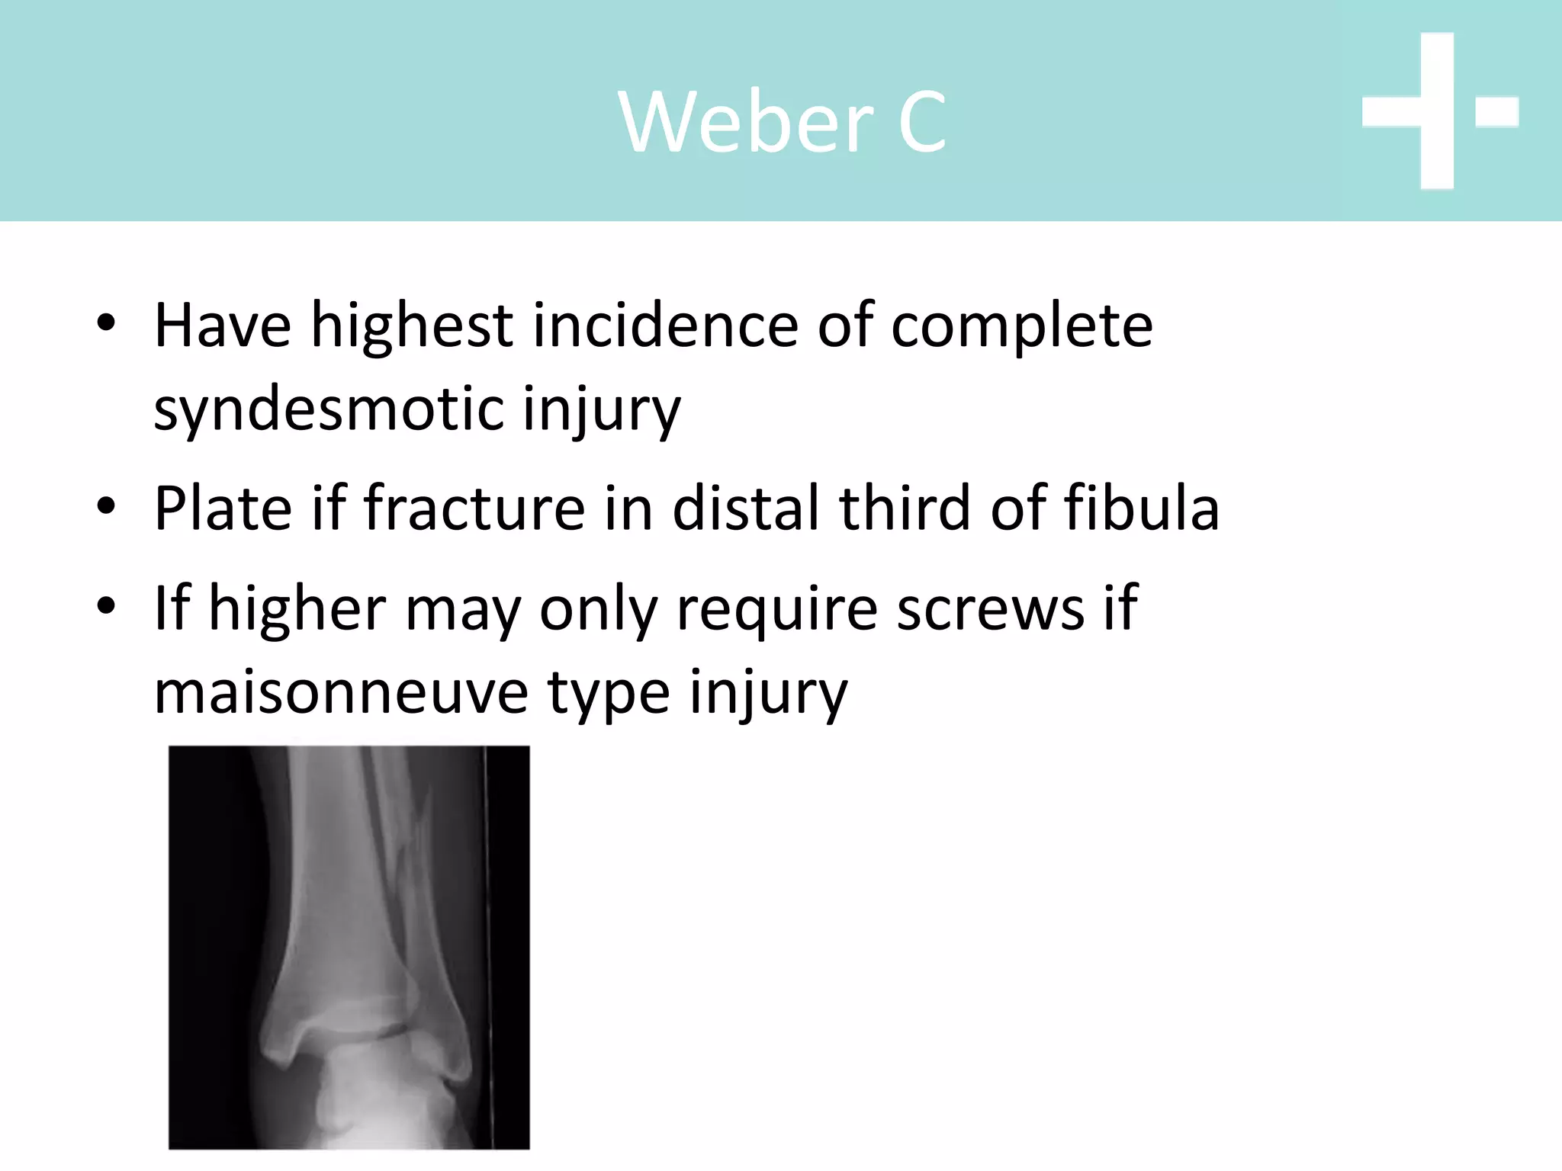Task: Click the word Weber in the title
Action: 745,122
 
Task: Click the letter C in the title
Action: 922,122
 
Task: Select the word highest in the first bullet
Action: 411,326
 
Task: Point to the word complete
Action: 1021,326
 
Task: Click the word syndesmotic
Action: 329,409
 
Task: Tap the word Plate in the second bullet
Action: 223,509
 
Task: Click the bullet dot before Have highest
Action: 106,323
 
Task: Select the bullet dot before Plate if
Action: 106,505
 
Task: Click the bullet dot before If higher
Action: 106,606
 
